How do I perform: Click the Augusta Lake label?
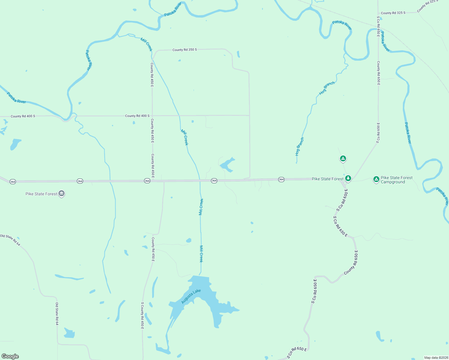click(191, 296)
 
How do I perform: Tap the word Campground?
click(393, 182)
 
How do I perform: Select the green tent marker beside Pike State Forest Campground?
click(376, 179)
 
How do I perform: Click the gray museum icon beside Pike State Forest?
click(62, 193)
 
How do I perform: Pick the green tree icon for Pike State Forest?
click(348, 178)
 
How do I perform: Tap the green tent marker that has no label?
click(343, 158)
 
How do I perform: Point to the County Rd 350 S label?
click(185, 50)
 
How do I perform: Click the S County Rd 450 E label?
click(143, 315)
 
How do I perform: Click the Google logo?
click(10, 356)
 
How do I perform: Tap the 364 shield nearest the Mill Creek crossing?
click(214, 181)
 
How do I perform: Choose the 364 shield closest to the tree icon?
click(281, 179)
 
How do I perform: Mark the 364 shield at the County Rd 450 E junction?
click(147, 181)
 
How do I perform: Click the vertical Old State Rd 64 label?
click(57, 313)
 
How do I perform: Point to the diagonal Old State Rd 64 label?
click(10, 240)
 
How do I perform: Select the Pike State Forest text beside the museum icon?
click(41, 194)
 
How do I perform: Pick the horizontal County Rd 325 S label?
click(393, 13)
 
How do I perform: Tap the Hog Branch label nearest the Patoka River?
click(327, 88)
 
